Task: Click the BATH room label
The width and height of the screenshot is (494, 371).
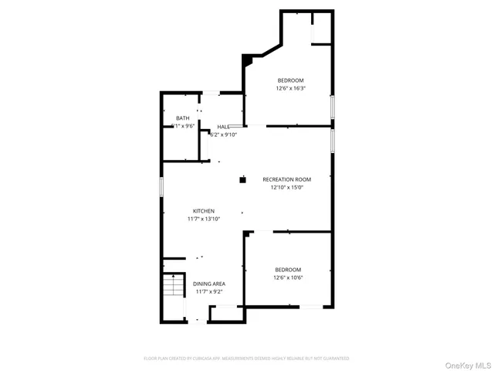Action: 182,118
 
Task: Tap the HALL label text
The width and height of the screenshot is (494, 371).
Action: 222,127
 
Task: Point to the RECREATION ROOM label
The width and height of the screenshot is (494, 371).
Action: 286,179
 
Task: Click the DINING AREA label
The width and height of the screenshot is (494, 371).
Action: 210,284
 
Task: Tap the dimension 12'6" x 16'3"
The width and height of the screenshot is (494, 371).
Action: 290,88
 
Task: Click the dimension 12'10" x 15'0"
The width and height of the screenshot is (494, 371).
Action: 286,187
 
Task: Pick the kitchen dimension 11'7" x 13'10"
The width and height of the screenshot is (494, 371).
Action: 204,219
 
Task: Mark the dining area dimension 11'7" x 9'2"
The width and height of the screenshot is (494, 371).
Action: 210,291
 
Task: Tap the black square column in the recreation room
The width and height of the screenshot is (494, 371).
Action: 242,179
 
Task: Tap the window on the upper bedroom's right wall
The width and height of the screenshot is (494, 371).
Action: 333,106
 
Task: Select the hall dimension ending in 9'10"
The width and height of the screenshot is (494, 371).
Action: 223,134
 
